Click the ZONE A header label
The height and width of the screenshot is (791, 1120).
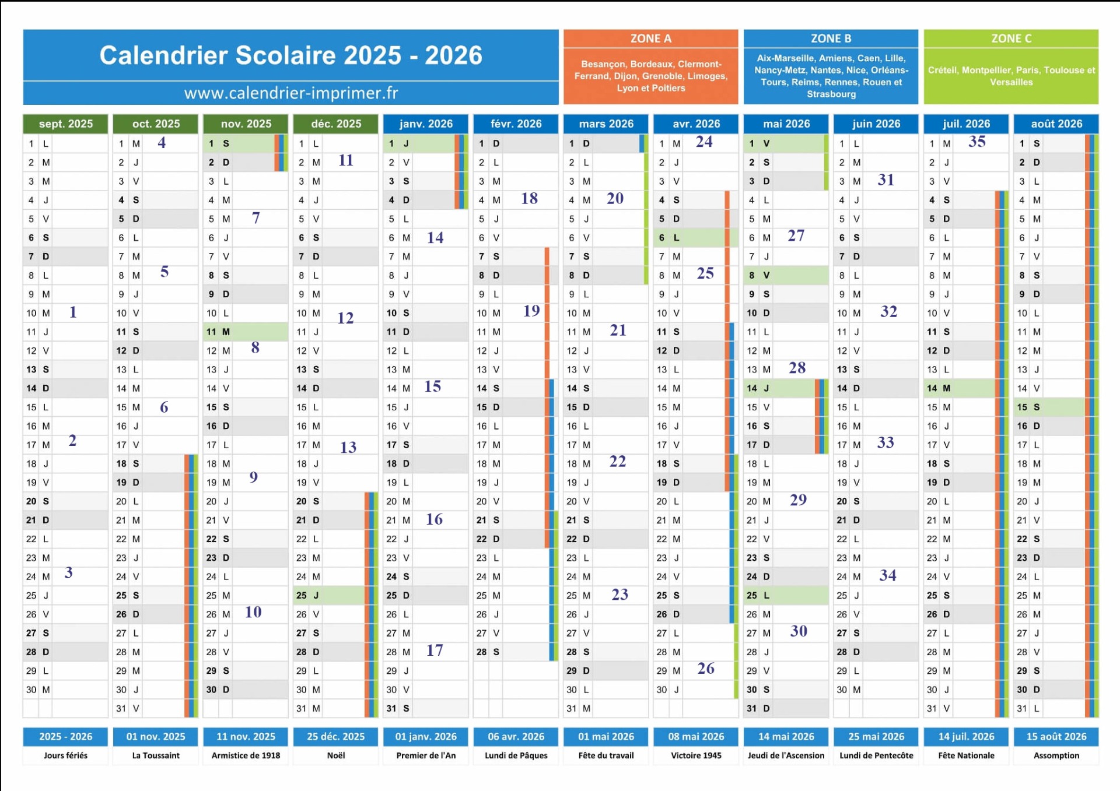[650, 38]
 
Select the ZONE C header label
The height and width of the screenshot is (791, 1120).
[1011, 38]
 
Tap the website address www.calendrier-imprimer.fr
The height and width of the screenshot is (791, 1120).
[290, 93]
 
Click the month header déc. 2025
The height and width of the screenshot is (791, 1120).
[335, 124]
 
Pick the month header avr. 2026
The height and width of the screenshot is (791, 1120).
[696, 124]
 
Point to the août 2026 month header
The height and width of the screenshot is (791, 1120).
[1056, 124]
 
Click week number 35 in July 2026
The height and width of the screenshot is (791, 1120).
[977, 142]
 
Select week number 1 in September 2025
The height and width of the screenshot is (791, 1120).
[73, 312]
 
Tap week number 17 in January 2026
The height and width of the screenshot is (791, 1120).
[435, 650]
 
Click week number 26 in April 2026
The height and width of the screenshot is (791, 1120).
[706, 669]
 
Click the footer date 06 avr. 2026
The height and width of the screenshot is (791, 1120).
[516, 736]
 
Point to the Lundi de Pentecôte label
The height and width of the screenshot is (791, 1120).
[876, 755]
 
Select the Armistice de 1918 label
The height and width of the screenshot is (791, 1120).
[246, 755]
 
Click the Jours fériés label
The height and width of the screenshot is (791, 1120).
[65, 755]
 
